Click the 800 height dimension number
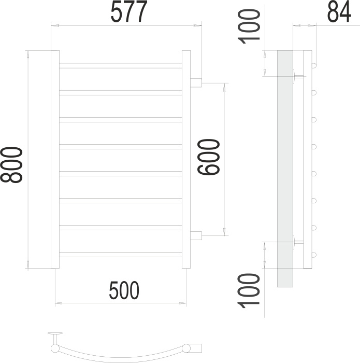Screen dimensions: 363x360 click(11, 165)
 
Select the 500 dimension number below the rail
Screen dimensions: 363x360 click(124, 290)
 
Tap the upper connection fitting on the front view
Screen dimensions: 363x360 click(196, 82)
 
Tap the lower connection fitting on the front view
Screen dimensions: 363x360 click(196, 235)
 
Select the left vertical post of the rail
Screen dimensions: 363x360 click(55, 159)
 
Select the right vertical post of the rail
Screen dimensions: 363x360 click(186, 159)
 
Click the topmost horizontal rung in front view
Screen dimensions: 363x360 click(121, 65)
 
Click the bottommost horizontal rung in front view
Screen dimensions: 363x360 click(121, 254)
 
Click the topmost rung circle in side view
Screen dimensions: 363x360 click(314, 65)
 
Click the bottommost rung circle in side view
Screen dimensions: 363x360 click(314, 254)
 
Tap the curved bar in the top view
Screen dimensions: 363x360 click(124, 354)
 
